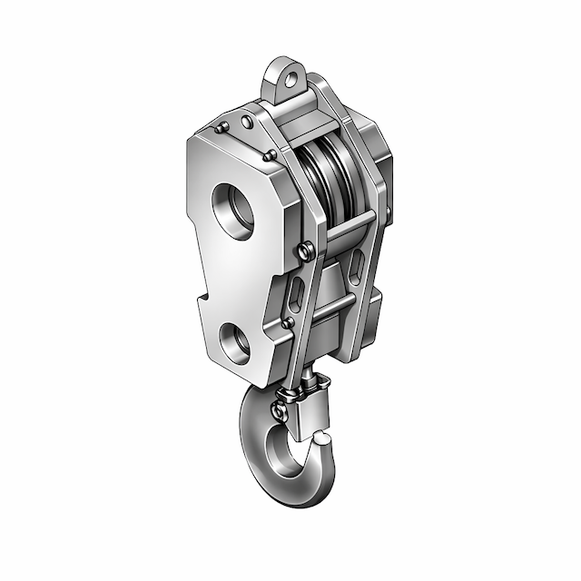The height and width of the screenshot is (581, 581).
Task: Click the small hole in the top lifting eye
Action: (x=290, y=78)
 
